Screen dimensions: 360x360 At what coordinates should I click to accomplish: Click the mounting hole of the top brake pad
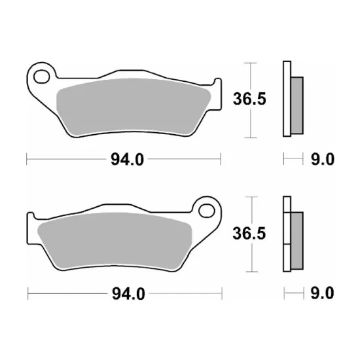(x=41, y=77)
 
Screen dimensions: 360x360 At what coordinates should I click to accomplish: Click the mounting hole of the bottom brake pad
(x=207, y=211)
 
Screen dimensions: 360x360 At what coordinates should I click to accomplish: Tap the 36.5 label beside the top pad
(x=249, y=99)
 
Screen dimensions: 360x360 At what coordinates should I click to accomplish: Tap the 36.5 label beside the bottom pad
(x=249, y=233)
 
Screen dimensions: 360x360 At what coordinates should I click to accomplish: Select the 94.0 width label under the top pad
(x=127, y=160)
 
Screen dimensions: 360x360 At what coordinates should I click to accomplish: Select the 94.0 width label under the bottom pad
(x=128, y=294)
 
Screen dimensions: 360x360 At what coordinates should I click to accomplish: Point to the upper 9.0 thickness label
(x=323, y=159)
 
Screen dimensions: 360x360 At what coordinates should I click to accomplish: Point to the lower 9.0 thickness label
(x=322, y=293)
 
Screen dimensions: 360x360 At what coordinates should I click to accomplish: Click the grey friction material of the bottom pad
(x=115, y=241)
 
